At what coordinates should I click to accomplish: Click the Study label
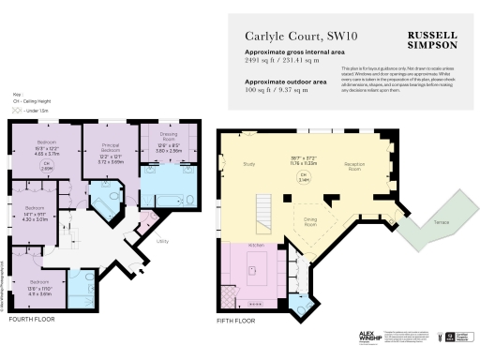pyautogui.click(x=249, y=165)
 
